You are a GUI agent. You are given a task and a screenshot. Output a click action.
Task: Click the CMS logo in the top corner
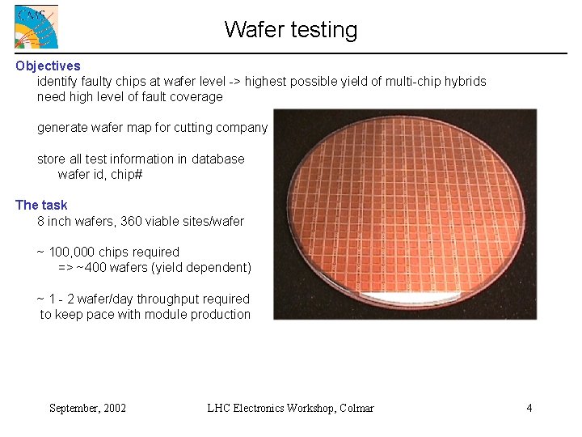click(36, 27)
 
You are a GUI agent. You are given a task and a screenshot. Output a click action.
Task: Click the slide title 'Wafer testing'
click(291, 30)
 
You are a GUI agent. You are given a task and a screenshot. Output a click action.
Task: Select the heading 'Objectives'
click(48, 66)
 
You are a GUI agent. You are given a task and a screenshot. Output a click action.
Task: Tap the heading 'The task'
click(41, 205)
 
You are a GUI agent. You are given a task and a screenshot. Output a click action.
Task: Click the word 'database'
click(217, 159)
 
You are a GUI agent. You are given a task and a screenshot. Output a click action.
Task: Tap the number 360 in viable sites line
click(132, 221)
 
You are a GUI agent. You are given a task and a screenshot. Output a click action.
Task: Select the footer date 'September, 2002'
click(87, 408)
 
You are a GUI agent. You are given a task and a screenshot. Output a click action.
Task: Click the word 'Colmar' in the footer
click(356, 408)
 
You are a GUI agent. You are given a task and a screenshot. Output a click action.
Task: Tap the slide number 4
click(529, 408)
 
